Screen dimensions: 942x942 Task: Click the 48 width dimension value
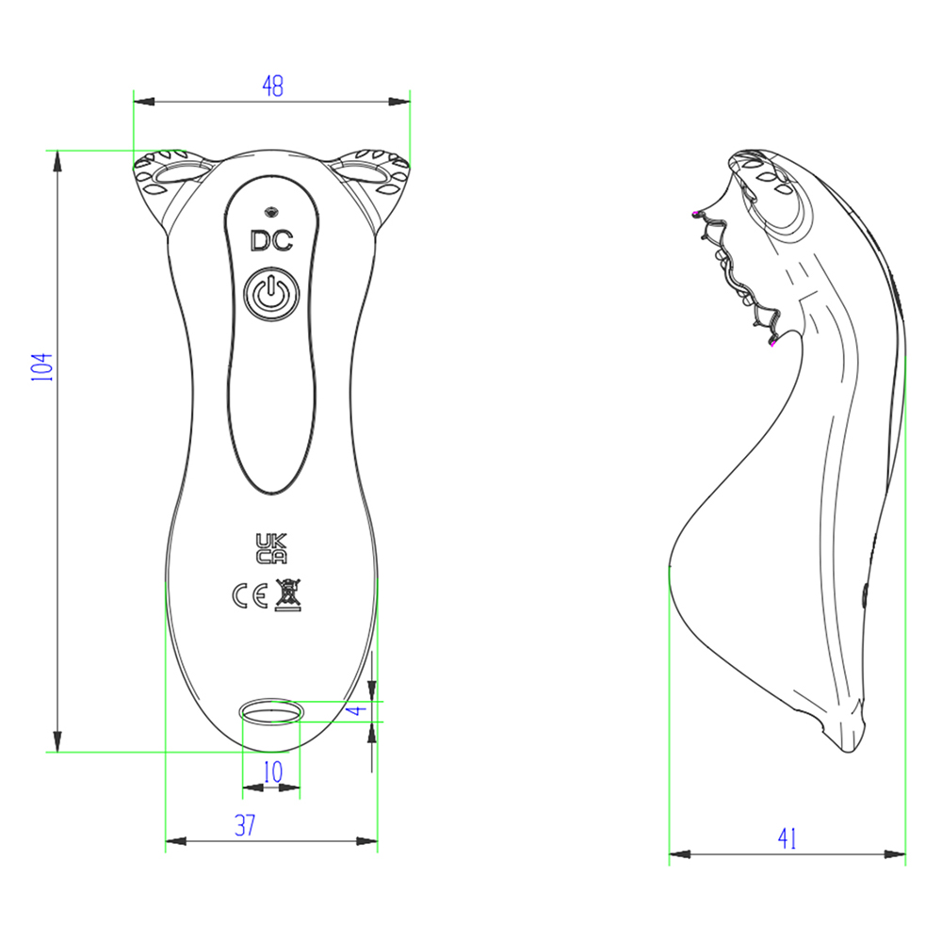(273, 86)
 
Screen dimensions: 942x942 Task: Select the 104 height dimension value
(42, 367)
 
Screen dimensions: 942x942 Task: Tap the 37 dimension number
(245, 825)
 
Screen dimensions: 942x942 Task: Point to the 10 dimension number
(273, 772)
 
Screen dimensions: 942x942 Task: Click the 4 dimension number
(357, 710)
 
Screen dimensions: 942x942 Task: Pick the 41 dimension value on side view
(787, 838)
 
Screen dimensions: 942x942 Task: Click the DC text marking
(271, 240)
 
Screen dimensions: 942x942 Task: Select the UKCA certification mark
(271, 548)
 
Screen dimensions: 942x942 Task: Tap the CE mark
(250, 595)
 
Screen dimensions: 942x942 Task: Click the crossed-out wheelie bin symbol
(287, 595)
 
